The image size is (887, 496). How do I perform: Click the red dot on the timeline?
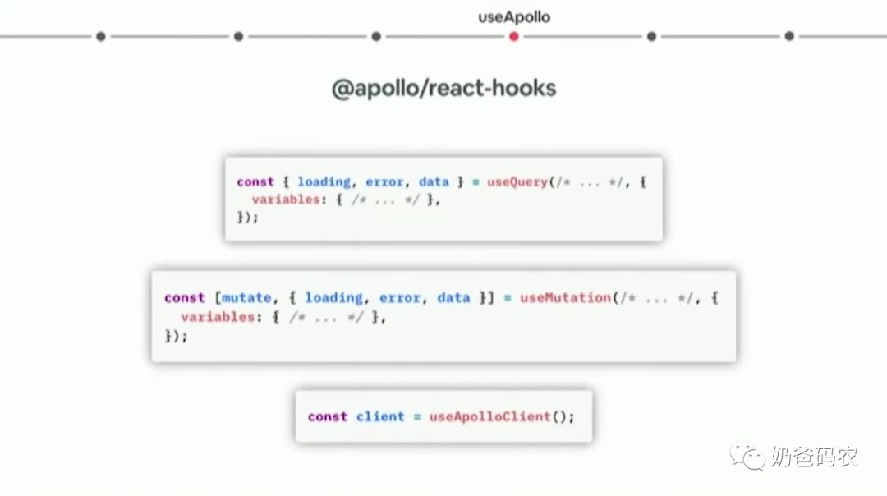(513, 36)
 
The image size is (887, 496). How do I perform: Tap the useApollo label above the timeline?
(514, 16)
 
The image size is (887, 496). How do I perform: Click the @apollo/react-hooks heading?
(443, 88)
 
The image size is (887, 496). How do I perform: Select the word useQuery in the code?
(517, 181)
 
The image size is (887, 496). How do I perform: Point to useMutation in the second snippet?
(564, 297)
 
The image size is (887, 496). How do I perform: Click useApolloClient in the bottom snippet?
(489, 416)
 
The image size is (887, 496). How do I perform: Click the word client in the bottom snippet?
(380, 416)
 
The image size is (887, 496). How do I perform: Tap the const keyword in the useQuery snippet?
(255, 181)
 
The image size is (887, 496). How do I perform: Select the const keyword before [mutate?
(184, 297)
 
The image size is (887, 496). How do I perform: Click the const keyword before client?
(328, 416)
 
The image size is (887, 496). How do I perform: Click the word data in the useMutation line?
(453, 297)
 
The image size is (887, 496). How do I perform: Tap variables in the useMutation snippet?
(217, 317)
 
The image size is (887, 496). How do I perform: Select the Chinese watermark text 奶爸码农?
(813, 457)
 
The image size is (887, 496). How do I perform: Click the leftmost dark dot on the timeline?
(100, 36)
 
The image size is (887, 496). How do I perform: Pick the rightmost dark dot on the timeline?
(788, 36)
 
